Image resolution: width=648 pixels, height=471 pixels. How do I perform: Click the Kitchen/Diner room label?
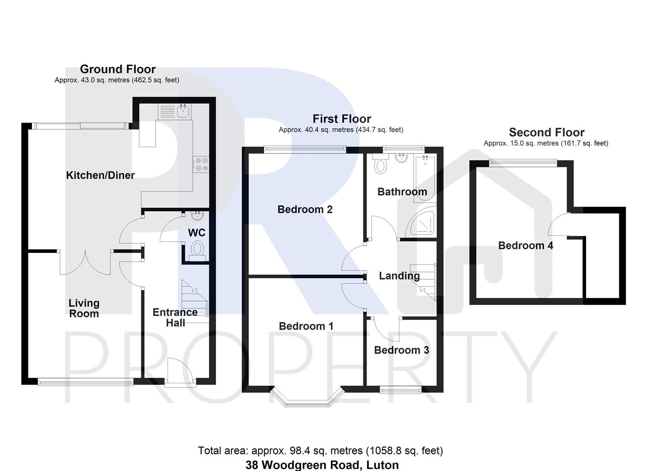coord(100,175)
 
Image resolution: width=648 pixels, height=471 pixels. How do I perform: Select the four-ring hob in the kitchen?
coord(201,164)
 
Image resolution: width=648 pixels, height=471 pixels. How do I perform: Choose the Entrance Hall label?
coord(175,317)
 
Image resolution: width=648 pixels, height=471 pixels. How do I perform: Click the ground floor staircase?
coord(194,301)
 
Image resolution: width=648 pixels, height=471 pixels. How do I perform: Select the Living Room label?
coord(84,308)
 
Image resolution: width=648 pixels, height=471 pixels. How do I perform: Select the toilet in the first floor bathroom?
coord(381,166)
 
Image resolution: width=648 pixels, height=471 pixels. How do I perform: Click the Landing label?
coord(399,276)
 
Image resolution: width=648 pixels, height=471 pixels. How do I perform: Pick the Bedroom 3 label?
coord(401,350)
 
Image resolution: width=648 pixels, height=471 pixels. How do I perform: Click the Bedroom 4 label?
coord(525,246)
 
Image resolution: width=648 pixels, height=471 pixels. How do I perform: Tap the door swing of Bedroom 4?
coord(559,225)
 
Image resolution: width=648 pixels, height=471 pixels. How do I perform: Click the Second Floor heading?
coord(546,132)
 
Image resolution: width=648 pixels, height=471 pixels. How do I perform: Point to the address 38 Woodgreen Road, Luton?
coord(322,465)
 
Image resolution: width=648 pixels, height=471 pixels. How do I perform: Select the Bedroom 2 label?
coord(305,209)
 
